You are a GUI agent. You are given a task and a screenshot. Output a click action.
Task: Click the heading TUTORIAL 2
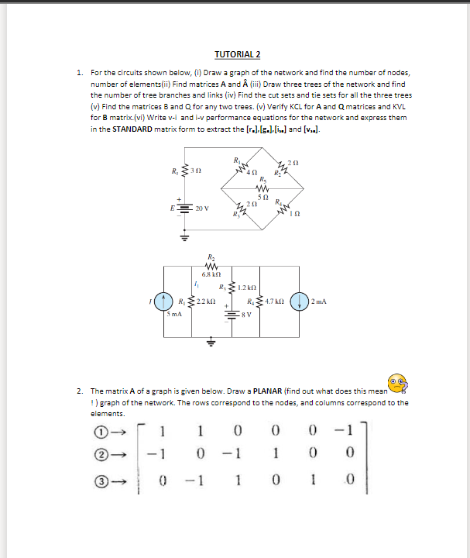pos(237,54)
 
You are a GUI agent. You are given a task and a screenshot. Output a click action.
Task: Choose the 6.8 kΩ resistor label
pos(212,274)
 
